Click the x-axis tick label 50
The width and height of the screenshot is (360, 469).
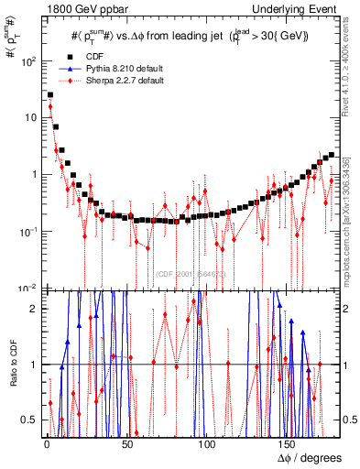pyautogui.click(x=126, y=443)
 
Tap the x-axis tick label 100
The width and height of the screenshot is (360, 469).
pyautogui.click(x=207, y=443)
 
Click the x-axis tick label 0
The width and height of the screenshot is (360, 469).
pyautogui.click(x=46, y=443)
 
